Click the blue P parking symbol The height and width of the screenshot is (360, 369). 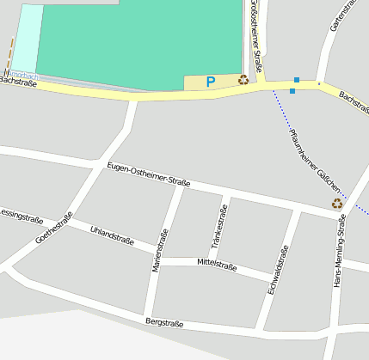tap(210, 82)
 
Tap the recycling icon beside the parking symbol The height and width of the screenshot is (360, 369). tap(243, 80)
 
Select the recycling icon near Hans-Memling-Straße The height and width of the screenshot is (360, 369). tap(336, 204)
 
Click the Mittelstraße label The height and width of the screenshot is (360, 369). tap(217, 262)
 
